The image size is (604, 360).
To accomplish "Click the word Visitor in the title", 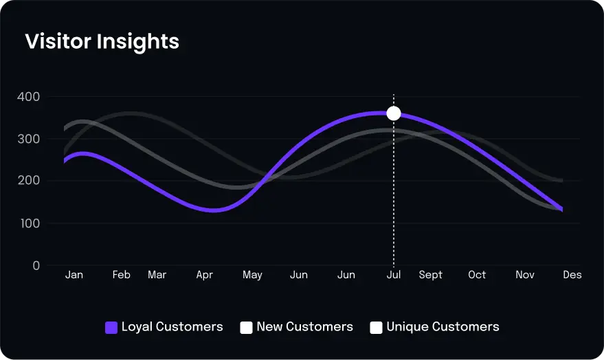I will (x=58, y=41).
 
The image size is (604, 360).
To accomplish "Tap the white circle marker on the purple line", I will (x=394, y=113).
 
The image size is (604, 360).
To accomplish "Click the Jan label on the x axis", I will (x=74, y=275).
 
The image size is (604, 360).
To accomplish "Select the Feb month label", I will (x=122, y=275).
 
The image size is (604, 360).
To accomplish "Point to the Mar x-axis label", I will (x=157, y=275).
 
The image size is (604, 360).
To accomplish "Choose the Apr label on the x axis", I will (x=204, y=275).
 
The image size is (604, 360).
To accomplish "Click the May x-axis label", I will (x=252, y=275).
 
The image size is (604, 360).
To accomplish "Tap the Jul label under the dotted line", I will (x=394, y=275).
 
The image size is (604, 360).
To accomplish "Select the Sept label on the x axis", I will (x=431, y=275).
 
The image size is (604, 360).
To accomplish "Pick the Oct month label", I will (x=477, y=275).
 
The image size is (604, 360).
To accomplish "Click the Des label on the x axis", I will (x=572, y=275).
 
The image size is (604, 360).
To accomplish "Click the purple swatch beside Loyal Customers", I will (x=111, y=328).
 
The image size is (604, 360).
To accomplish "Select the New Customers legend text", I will (x=304, y=327).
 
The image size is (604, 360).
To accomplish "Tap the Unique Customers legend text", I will (x=443, y=327).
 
